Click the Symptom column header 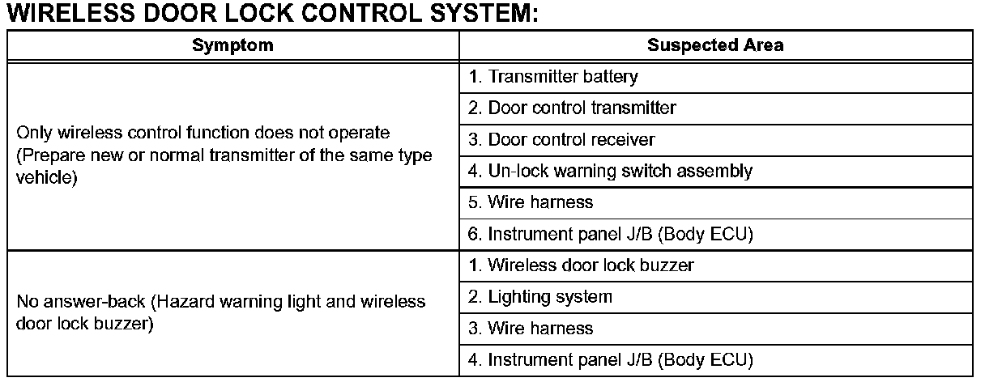232,45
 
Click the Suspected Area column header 715,45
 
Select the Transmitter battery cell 715,78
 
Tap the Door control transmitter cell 715,108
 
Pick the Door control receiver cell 715,140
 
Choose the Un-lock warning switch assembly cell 715,172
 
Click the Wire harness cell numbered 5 715,203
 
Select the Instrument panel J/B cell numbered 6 715,235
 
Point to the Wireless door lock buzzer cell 715,266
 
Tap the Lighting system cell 715,297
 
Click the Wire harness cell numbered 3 715,329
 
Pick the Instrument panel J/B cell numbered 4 715,360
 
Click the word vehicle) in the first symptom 47,177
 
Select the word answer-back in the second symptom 94,302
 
